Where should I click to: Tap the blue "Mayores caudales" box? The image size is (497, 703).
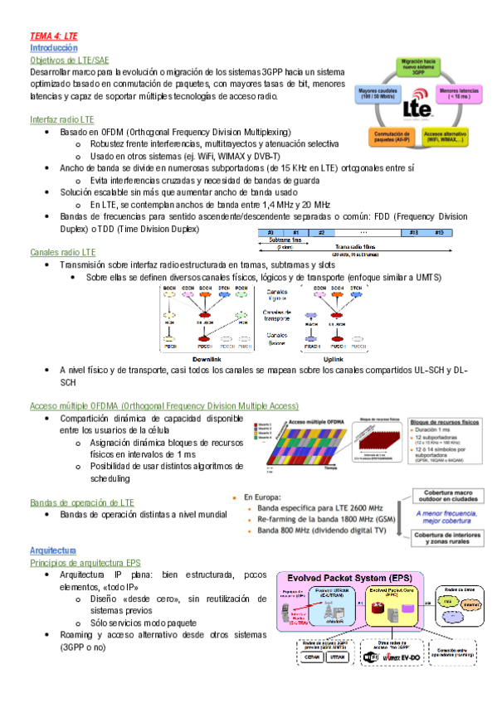378,94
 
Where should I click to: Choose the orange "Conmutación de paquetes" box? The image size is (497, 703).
379,137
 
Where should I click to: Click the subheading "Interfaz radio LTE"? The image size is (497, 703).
61,120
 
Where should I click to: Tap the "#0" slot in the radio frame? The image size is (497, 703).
270,233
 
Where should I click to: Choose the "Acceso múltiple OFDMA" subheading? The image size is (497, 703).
163,406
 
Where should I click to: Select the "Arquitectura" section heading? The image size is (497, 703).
53,550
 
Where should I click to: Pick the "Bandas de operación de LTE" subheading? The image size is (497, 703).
81,502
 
